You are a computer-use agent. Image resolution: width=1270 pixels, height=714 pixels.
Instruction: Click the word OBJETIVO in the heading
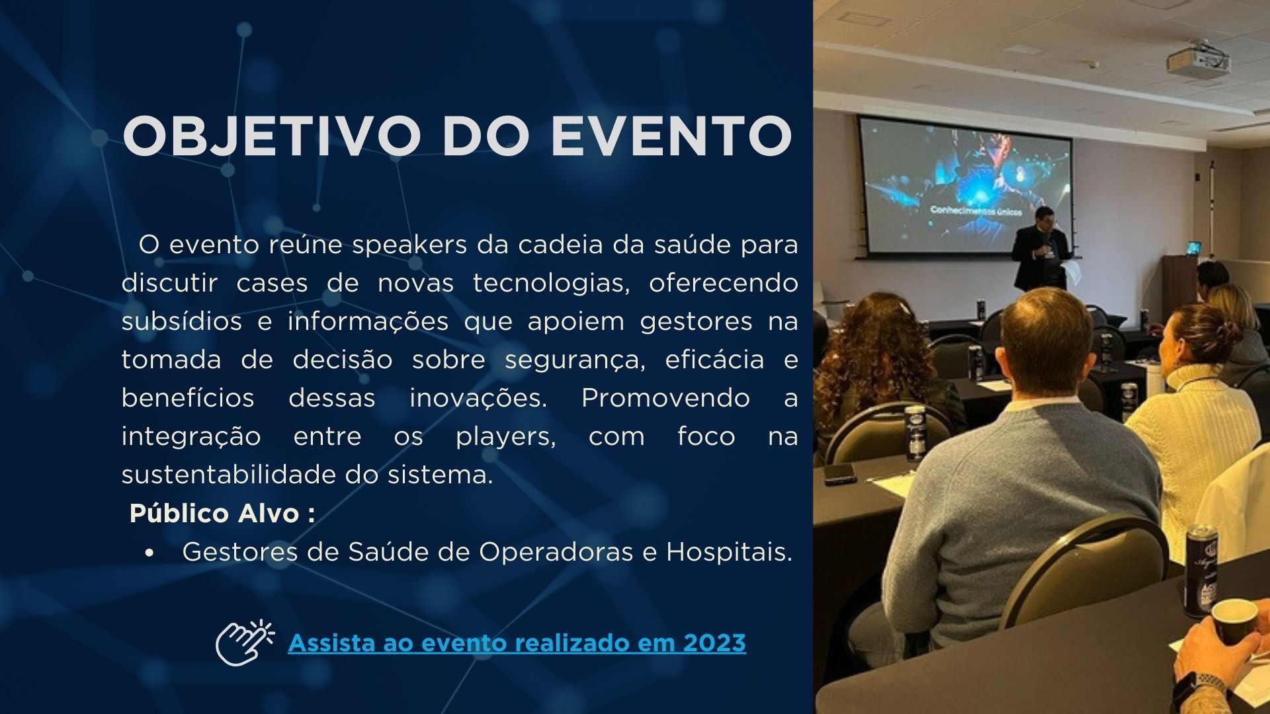[x=272, y=136]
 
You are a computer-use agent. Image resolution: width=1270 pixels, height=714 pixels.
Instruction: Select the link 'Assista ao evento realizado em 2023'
[x=517, y=643]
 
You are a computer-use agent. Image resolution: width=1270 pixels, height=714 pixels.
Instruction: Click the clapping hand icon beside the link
[x=244, y=642]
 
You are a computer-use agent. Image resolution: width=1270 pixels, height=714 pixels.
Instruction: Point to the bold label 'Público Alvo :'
[x=222, y=513]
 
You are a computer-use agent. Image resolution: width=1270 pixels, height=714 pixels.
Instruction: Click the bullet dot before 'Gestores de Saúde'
[x=151, y=552]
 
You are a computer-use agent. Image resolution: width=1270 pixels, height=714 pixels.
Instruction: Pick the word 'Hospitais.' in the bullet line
[x=729, y=552]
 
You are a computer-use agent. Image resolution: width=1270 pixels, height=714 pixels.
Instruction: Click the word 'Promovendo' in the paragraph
[x=665, y=398]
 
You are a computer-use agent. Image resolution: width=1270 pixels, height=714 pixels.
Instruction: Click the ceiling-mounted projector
[x=1197, y=61]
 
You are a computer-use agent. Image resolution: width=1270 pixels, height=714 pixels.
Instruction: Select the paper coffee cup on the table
[x=1234, y=621]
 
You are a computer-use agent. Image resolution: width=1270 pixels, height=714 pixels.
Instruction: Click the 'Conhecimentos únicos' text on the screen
[x=976, y=211]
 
